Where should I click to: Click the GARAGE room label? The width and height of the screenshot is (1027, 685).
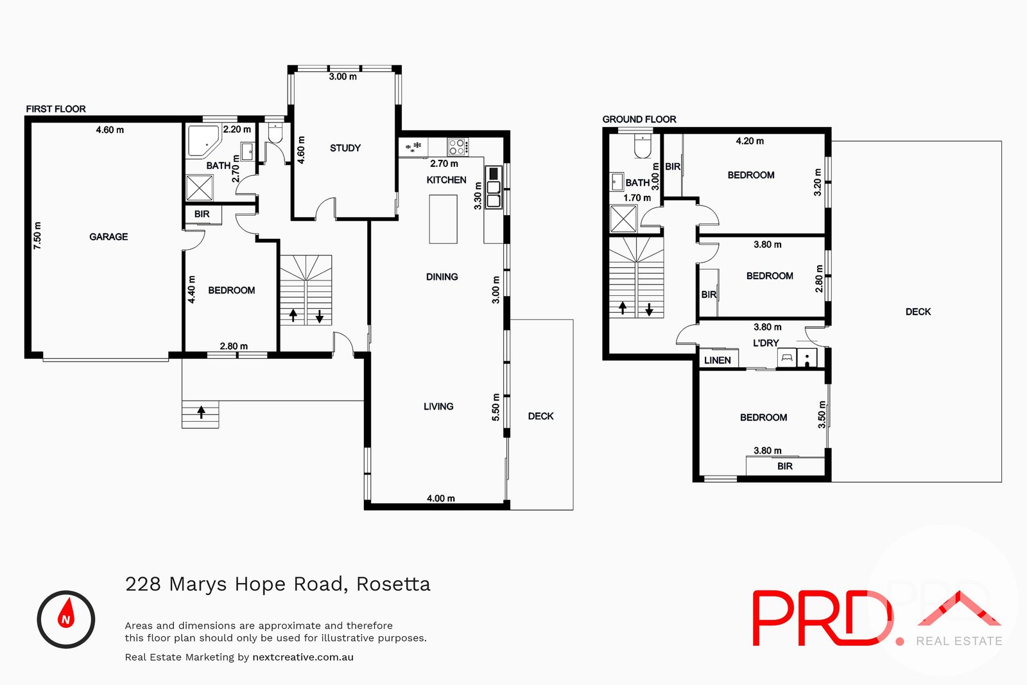108,237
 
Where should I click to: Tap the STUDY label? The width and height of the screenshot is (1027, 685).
345,148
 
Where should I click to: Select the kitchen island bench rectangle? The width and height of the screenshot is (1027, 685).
443,219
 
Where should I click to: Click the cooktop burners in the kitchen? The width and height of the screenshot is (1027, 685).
457,147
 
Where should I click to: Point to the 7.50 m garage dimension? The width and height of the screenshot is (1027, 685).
38,236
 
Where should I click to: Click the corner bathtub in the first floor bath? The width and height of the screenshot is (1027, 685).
203,141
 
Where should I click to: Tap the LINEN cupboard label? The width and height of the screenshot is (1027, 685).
717,360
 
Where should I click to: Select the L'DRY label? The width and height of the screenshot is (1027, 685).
765,343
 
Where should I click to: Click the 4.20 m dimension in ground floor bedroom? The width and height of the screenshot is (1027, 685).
750,141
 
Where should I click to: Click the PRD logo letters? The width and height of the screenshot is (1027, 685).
822,618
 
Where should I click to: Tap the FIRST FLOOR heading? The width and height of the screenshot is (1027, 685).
56,109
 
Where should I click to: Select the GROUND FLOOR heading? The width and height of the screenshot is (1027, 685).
639,119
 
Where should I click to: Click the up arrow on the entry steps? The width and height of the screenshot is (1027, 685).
201,412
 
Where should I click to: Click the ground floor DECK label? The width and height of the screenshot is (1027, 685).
917,312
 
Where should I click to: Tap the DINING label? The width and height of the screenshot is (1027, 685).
442,277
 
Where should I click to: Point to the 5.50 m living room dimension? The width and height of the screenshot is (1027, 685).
496,407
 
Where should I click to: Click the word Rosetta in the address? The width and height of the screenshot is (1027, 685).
393,584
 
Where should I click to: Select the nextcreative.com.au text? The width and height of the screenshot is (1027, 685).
303,657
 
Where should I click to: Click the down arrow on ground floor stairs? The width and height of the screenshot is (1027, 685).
650,310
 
